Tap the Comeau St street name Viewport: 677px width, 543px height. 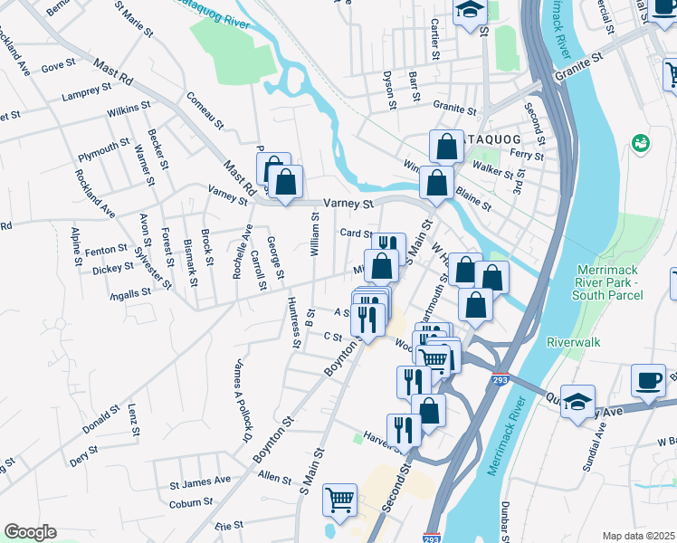point(205,110)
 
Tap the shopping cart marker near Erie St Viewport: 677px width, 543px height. point(339,498)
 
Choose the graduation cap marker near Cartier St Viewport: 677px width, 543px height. point(471,11)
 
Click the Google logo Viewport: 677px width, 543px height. point(30,532)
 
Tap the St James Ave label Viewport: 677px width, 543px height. point(200,480)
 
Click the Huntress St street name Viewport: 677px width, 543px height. point(293,321)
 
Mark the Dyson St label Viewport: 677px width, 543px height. point(389,90)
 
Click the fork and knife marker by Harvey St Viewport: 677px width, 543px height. point(404,428)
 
